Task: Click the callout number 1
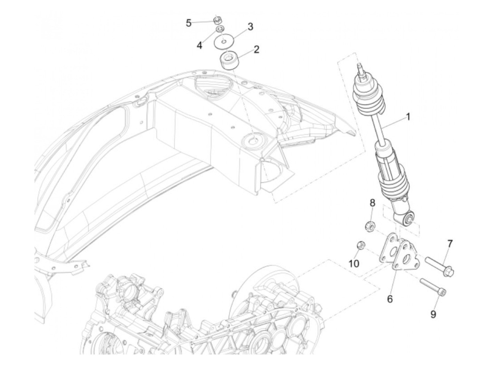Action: point(408,116)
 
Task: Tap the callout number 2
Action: point(256,49)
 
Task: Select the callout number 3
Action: point(250,27)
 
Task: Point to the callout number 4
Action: point(199,45)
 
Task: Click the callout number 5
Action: point(189,23)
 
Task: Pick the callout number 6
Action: point(390,299)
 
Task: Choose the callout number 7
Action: point(450,244)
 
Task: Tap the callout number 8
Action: point(372,202)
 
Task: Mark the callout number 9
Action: point(433,314)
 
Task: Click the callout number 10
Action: point(354,264)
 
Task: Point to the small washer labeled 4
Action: point(219,29)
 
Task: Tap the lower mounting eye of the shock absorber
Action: point(408,218)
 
